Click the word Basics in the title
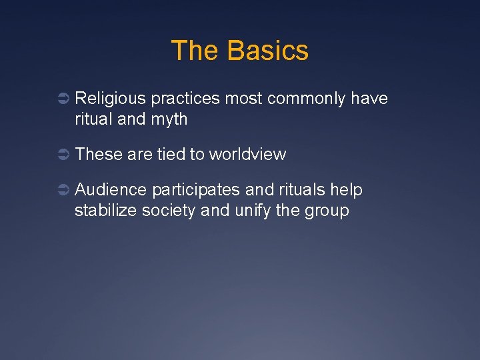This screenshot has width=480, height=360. pos(267,51)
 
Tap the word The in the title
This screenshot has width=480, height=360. pos(195,51)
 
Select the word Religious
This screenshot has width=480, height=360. pos(110,99)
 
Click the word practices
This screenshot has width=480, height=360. pos(185,99)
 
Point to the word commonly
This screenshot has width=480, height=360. pos(306,99)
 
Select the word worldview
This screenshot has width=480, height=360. pos(247,155)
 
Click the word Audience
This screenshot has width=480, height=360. pos(111,190)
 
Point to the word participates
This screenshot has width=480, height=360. pos(195,191)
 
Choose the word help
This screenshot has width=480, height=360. pos(346,190)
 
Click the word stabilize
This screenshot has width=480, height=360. pos(103,211)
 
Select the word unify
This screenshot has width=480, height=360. pos(253,211)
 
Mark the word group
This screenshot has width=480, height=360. pos(327,212)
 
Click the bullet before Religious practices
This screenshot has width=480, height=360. pos(61,99)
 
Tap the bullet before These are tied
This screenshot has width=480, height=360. pos(61,155)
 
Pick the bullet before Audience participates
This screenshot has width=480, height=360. pos(61,191)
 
